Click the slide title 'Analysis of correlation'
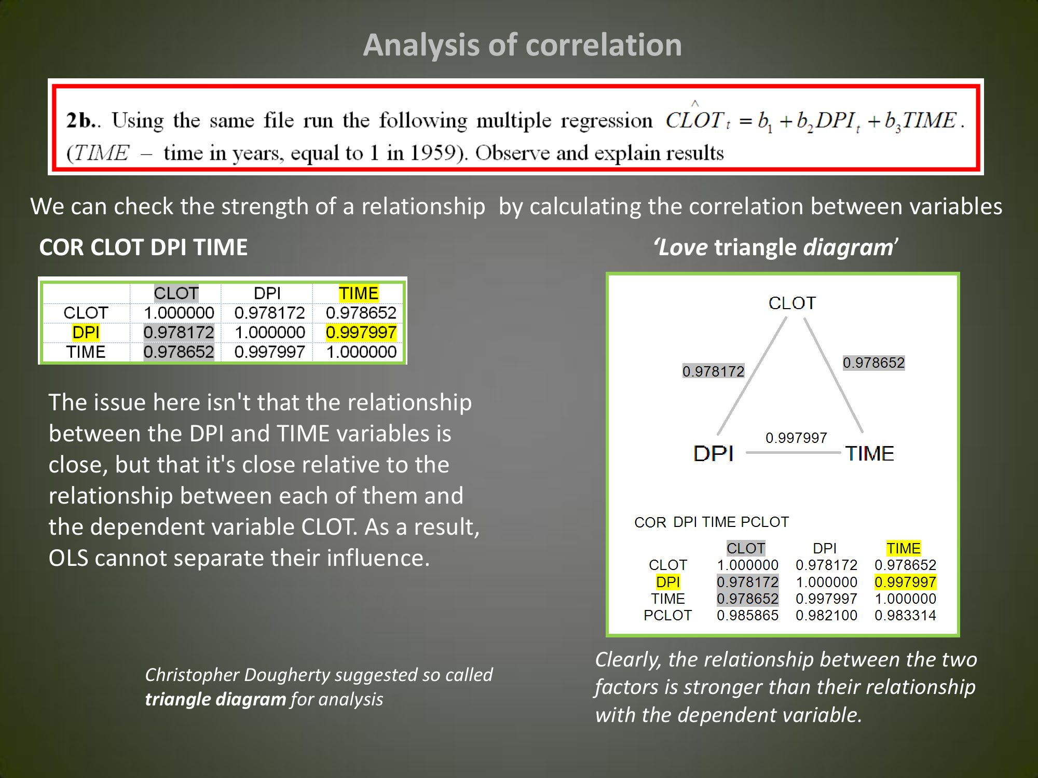pyautogui.click(x=522, y=45)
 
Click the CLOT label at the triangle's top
pyautogui.click(x=792, y=303)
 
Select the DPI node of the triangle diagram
pyautogui.click(x=714, y=453)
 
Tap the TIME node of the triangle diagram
pyautogui.click(x=869, y=453)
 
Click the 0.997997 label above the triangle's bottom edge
pyautogui.click(x=796, y=438)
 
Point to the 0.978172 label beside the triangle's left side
pyautogui.click(x=713, y=371)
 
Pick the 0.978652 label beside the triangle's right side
pyautogui.click(x=873, y=363)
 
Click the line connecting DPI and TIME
pyautogui.click(x=794, y=452)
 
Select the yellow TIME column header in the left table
pyautogui.click(x=358, y=293)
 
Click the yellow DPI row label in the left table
pyautogui.click(x=86, y=332)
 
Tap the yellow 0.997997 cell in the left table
pyautogui.click(x=361, y=332)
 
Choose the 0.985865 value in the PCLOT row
pyautogui.click(x=747, y=615)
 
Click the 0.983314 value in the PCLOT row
pyautogui.click(x=905, y=615)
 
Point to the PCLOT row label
pyautogui.click(x=667, y=615)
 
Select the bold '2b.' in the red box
pyautogui.click(x=81, y=120)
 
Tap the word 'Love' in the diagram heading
pyautogui.click(x=682, y=247)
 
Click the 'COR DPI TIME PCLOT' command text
pyautogui.click(x=712, y=522)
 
